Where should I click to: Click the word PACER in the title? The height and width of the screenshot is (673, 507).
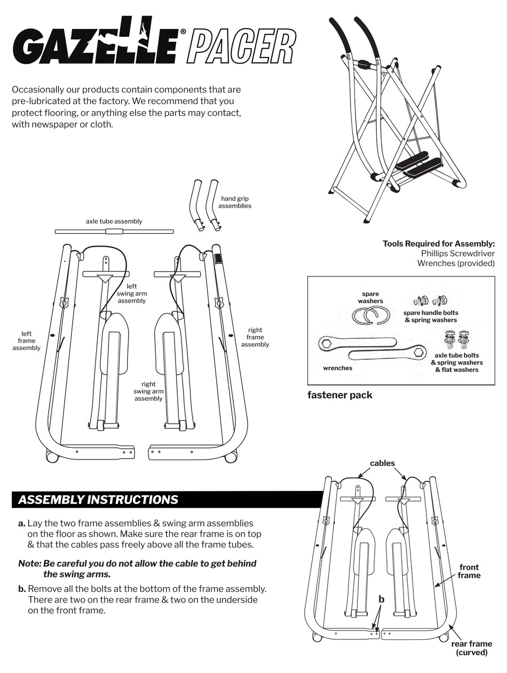(x=241, y=47)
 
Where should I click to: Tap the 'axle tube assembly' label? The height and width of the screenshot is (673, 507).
(x=114, y=221)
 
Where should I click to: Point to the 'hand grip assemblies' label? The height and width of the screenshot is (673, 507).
(x=234, y=202)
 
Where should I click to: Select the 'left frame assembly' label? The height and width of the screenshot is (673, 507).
(x=27, y=341)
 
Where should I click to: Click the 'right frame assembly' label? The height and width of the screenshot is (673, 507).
(x=255, y=337)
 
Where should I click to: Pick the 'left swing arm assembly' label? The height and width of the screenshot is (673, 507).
(x=132, y=294)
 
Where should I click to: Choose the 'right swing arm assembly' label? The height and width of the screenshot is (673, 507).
(x=148, y=391)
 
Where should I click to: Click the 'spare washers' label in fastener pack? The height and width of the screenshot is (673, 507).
(x=370, y=297)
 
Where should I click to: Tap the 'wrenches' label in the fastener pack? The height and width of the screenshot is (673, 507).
(x=337, y=368)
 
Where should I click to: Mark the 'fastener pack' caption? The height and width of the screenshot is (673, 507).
(x=339, y=395)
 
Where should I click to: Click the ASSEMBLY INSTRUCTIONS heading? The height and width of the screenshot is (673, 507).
(x=98, y=500)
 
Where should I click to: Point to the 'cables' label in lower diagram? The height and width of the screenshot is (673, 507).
(x=382, y=463)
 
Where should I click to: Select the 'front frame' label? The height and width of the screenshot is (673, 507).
(x=469, y=571)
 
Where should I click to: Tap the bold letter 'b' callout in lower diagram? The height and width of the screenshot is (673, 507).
(x=381, y=599)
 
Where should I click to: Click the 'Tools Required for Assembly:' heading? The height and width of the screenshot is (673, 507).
(x=439, y=244)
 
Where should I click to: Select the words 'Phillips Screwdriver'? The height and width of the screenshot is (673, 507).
(x=457, y=254)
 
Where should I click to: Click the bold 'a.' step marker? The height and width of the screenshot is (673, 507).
(x=22, y=524)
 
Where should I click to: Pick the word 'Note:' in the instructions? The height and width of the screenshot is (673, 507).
(x=29, y=564)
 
